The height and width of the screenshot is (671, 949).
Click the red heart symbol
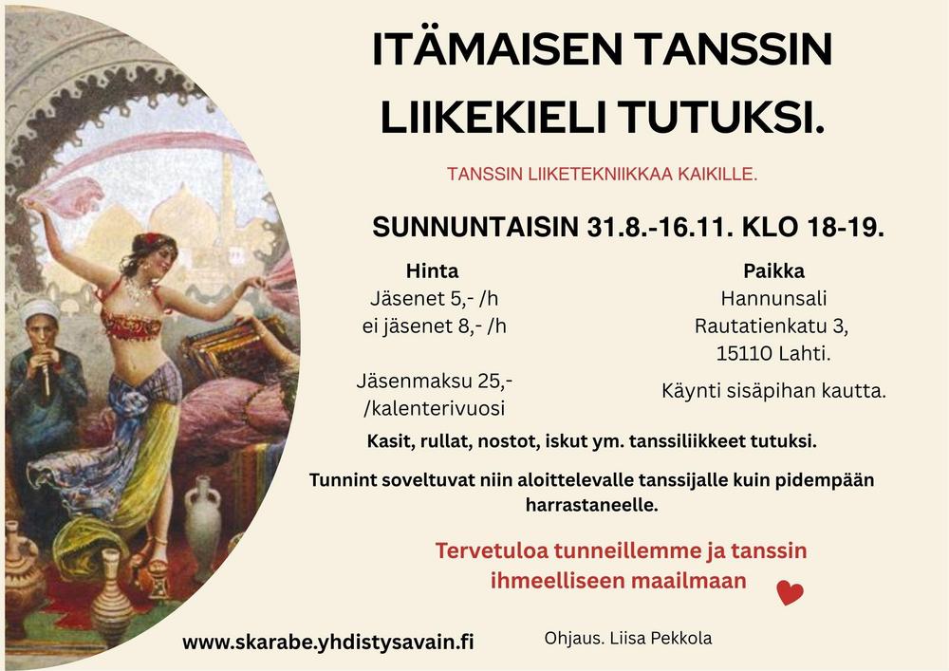pos(790,592)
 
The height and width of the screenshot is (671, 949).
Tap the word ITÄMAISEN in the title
pos(497,49)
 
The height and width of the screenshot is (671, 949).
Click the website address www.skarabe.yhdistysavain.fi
pos(328,642)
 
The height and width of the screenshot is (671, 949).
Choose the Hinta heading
pos(432,270)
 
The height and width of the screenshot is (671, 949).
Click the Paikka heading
pos(773,270)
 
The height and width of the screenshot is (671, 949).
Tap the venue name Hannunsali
pos(773,298)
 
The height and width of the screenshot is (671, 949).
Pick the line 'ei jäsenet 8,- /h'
pos(434,326)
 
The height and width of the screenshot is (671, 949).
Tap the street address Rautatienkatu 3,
pos(771,326)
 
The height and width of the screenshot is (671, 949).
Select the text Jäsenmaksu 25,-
pos(435,382)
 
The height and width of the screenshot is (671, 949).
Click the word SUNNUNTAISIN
pos(475,228)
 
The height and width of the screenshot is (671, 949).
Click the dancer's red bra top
pos(131,323)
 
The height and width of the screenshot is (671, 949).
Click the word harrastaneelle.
pos(591,505)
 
